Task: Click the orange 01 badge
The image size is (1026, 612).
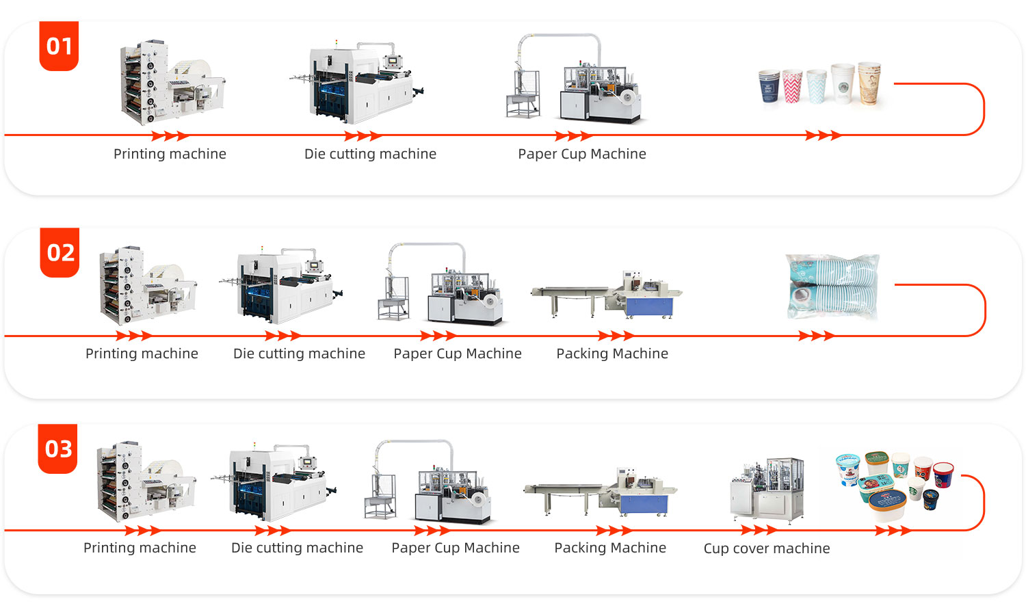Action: [59, 46]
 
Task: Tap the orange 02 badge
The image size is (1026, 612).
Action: [60, 252]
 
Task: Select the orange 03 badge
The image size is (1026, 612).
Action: [58, 449]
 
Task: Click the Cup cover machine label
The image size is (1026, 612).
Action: [767, 548]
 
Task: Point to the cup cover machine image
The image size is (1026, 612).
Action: [767, 489]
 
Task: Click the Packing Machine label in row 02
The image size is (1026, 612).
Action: [612, 354]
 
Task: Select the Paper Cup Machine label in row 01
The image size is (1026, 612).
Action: [582, 154]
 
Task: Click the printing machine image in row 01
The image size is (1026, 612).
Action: [171, 83]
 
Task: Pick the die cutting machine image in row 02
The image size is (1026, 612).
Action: [282, 286]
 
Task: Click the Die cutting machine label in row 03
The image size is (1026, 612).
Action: [297, 548]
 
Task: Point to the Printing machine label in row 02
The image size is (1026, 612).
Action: [142, 354]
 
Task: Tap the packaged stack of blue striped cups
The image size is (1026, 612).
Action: [832, 287]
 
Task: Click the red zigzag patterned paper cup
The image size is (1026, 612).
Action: [792, 86]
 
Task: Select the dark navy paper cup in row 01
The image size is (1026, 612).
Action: [769, 86]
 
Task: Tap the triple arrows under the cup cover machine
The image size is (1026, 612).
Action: [759, 530]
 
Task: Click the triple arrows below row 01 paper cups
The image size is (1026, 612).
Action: [823, 135]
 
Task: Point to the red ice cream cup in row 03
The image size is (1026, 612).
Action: [943, 474]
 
